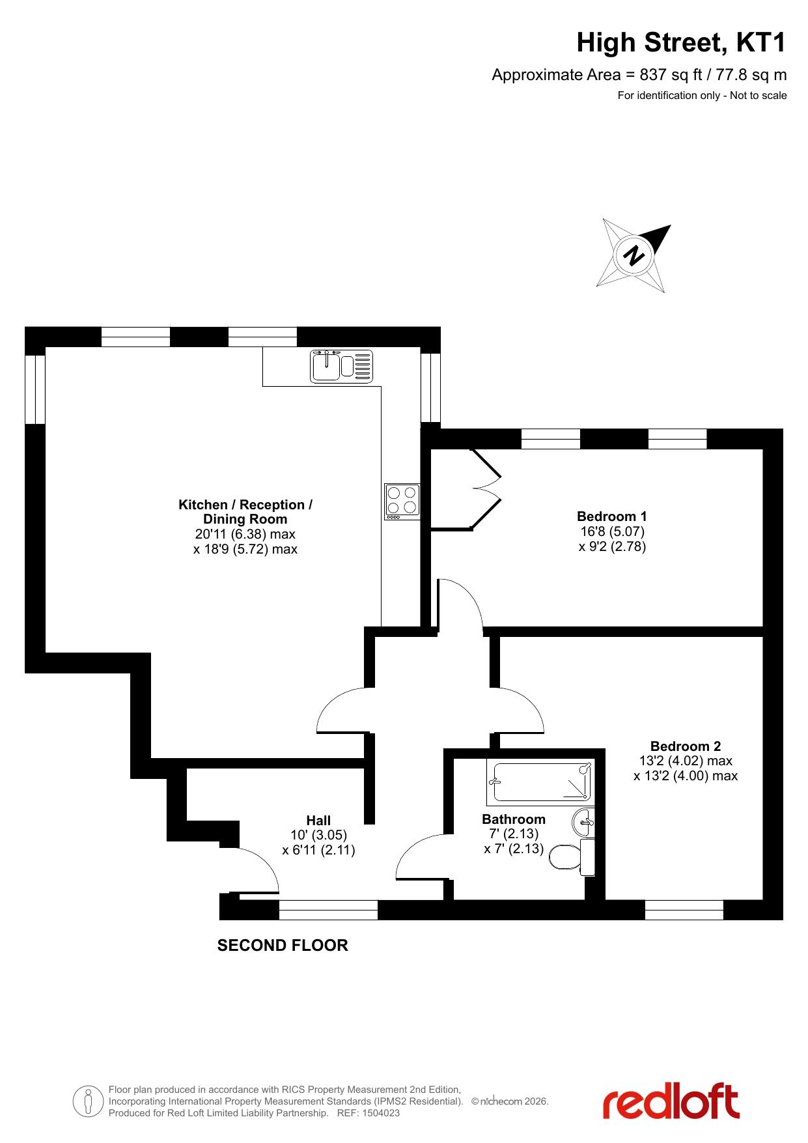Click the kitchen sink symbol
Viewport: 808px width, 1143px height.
click(342, 365)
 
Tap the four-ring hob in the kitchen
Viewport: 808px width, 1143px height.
click(402, 501)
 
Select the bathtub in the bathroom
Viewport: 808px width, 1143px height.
click(540, 782)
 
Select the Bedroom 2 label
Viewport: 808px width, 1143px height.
click(686, 746)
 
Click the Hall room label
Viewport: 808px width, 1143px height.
click(318, 821)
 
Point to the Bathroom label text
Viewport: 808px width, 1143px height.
click(514, 819)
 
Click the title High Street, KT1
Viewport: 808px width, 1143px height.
click(682, 43)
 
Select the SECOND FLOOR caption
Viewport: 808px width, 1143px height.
click(283, 945)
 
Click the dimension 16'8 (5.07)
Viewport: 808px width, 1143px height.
click(613, 531)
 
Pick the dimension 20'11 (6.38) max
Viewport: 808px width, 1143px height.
click(245, 534)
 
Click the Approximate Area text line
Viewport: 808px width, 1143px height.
click(639, 75)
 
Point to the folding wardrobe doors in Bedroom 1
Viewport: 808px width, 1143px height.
click(486, 488)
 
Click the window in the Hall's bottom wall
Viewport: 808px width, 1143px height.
click(328, 910)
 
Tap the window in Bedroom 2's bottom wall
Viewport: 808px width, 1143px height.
click(684, 910)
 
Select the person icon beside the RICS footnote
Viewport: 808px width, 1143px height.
click(87, 1101)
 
